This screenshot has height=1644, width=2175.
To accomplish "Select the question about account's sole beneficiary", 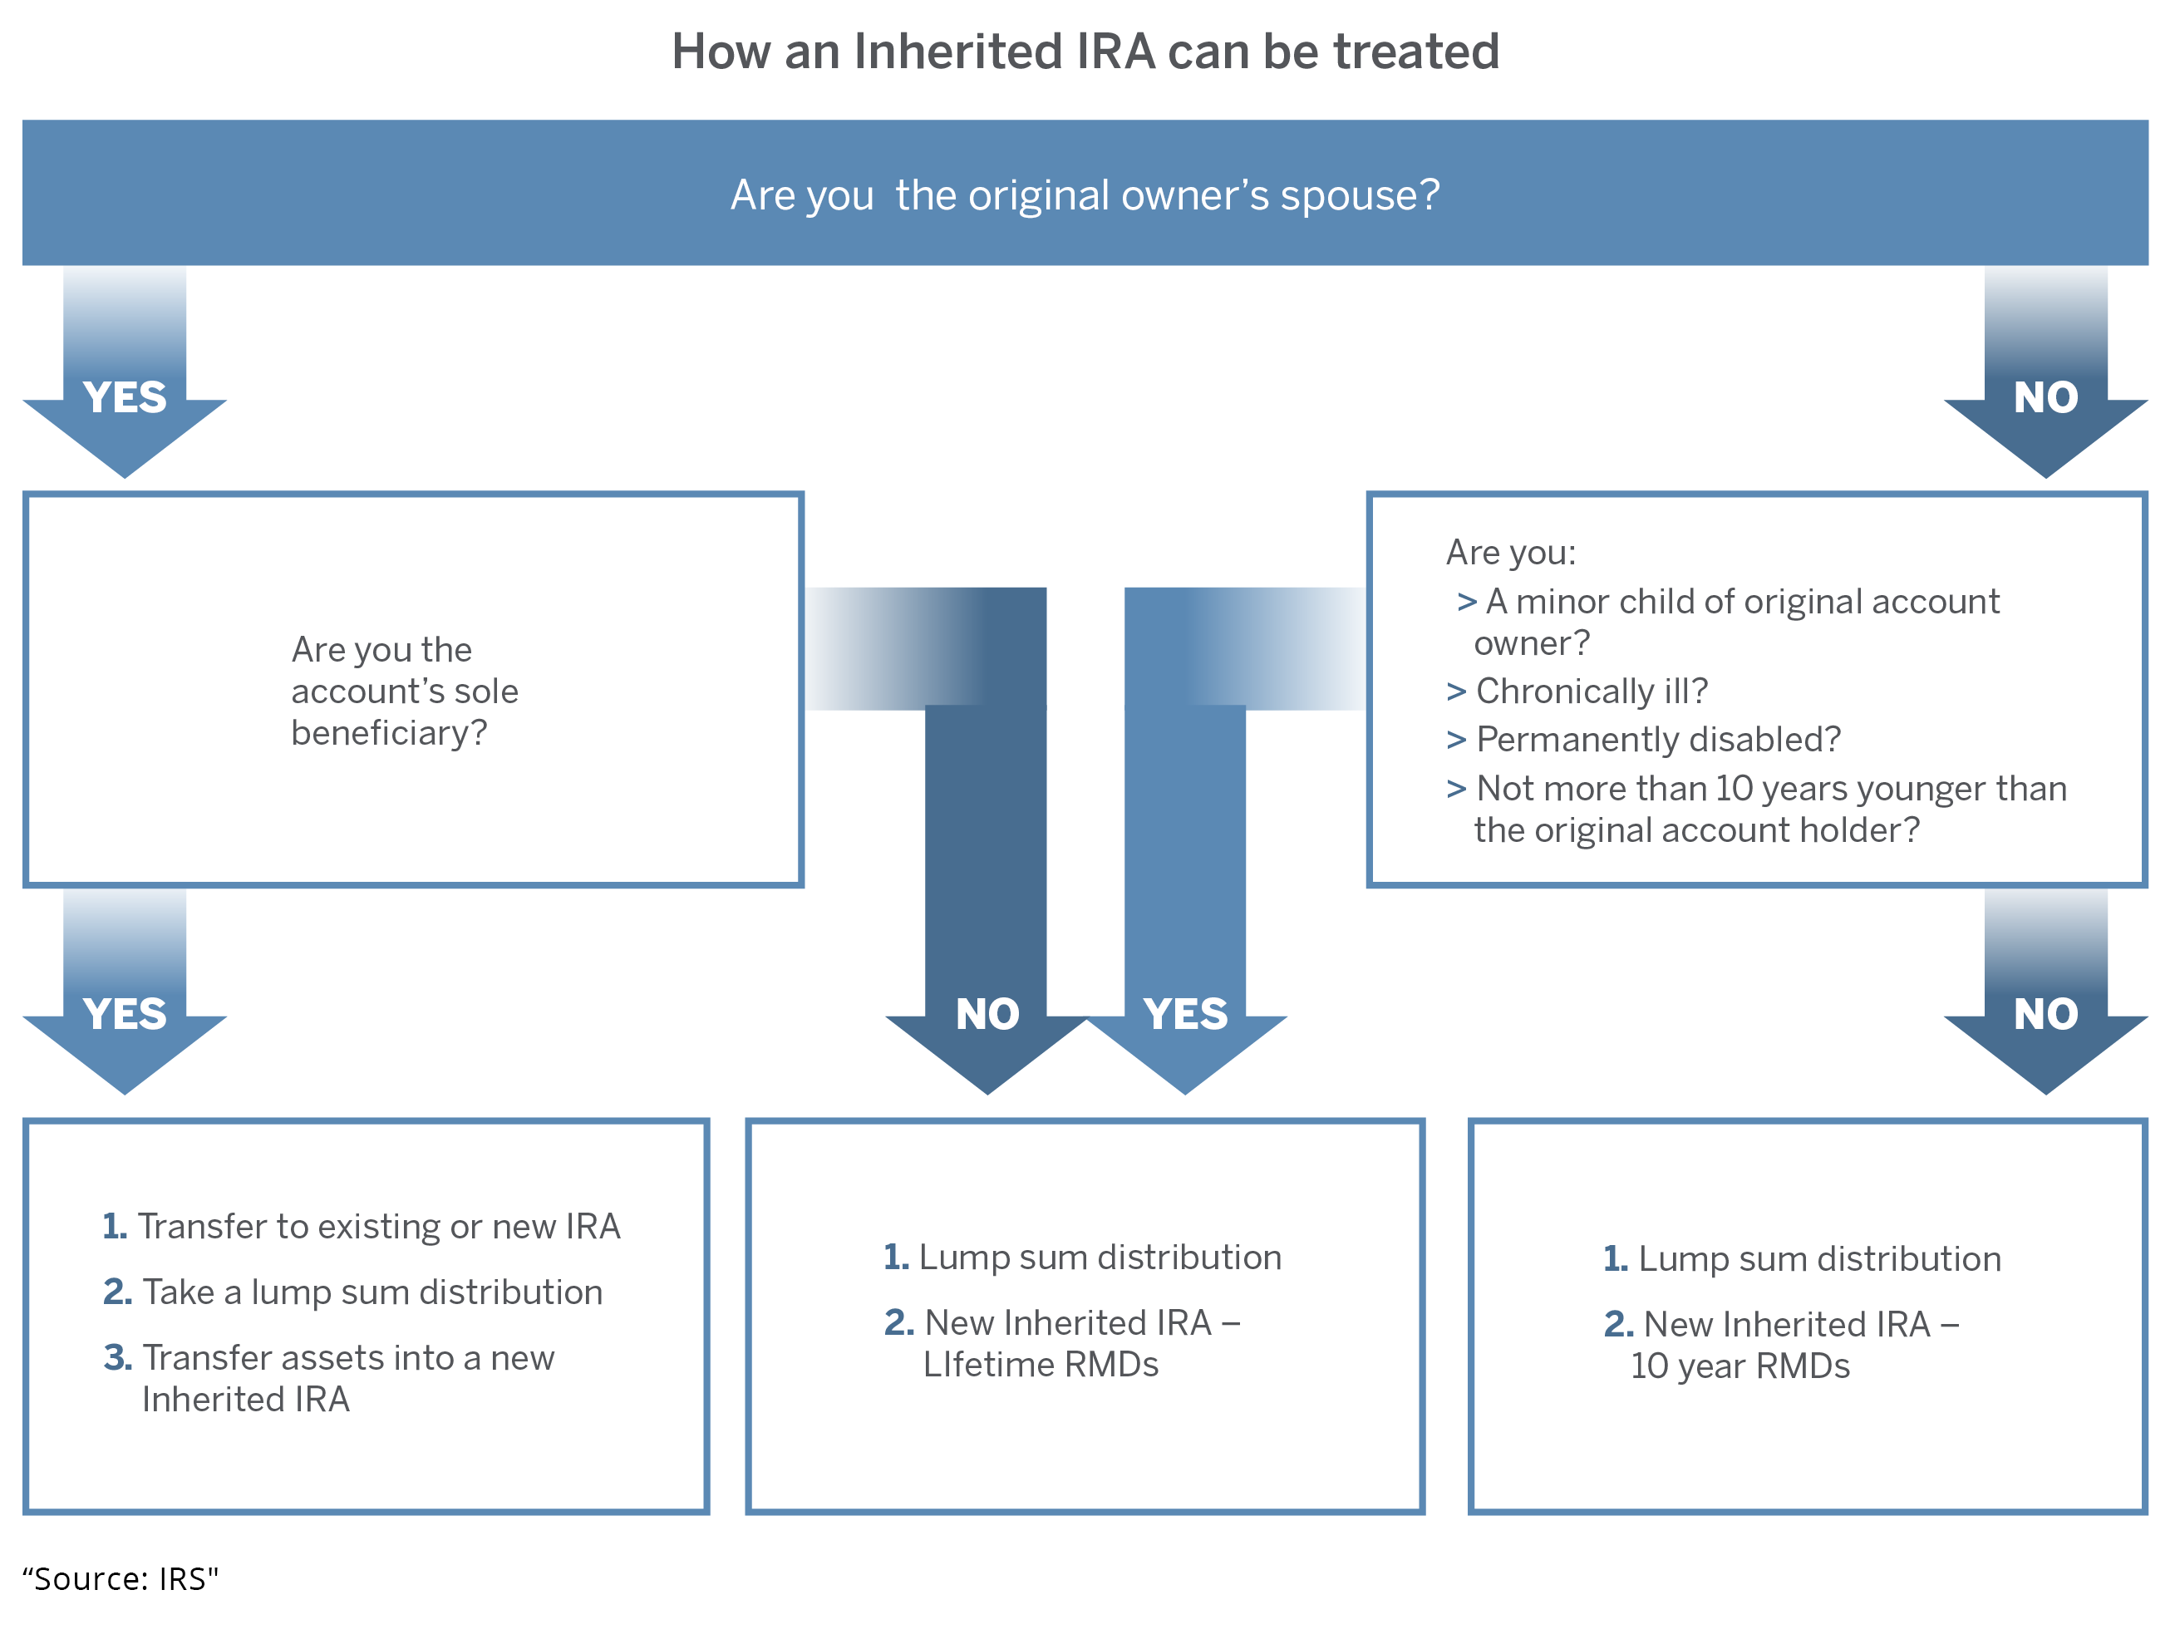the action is pos(404,692).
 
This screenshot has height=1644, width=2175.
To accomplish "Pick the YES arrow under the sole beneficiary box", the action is pos(125,991).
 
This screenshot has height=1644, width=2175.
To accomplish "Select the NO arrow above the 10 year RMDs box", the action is pos(2046,991).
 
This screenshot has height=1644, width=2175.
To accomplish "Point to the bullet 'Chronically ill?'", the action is pos(1577,692).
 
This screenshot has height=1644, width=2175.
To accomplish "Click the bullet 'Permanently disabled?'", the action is pos(1643,740).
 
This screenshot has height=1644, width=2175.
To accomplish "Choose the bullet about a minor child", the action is pos(1728,622).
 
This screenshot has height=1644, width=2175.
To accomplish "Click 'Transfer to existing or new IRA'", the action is pos(362,1226).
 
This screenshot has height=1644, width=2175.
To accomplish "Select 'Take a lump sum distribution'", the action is pos(353,1292).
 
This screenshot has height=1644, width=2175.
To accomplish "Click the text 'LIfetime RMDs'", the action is pos(1041,1365).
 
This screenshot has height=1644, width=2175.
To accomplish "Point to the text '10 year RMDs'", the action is pos(1740,1366).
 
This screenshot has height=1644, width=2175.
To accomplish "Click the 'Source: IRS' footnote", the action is pos(120,1578).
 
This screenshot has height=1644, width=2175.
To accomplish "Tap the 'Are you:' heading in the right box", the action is pos(1511,553).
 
